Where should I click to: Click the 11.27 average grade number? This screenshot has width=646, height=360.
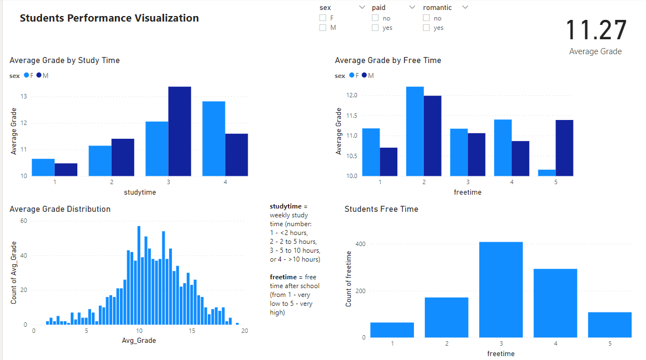596,30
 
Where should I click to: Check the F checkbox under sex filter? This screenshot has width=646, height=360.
323,18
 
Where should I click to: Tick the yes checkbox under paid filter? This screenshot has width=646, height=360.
375,28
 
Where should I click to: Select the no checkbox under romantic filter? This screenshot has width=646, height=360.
426,18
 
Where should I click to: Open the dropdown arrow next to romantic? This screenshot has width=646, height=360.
465,7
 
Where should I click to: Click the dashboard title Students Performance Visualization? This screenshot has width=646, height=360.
109,18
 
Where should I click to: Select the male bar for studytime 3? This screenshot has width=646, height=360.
180,131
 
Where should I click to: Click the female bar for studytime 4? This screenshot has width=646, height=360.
213,138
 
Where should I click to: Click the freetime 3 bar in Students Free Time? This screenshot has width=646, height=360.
501,289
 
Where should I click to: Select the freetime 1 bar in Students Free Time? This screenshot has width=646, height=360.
392,330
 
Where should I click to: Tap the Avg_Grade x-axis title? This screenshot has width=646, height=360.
139,341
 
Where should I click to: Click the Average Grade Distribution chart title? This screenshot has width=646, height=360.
60,209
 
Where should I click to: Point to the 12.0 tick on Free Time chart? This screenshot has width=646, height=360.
352,96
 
